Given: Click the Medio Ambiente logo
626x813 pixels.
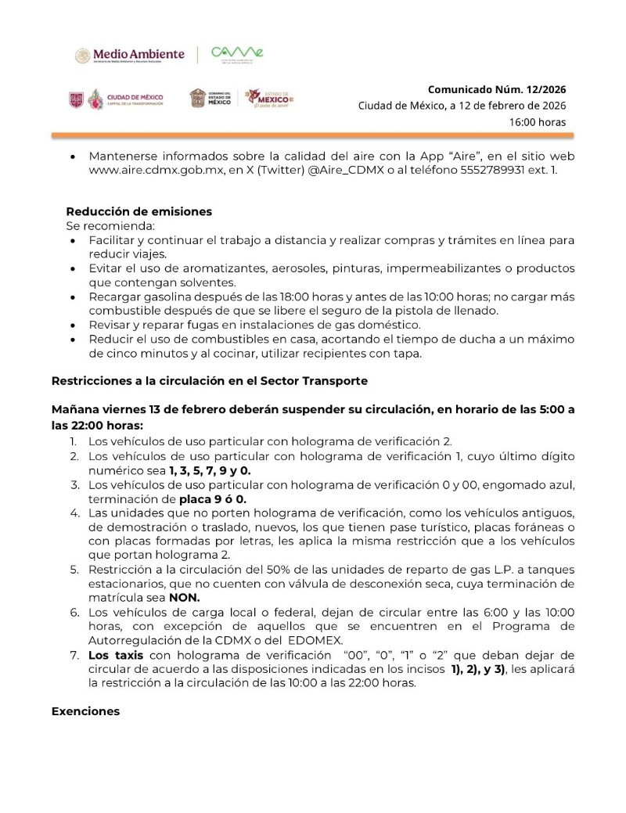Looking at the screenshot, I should (x=130, y=55).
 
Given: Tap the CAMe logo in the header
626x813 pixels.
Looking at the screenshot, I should (x=238, y=54).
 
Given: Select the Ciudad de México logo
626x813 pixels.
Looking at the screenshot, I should (x=117, y=99).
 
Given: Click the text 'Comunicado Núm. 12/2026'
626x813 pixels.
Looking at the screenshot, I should (x=497, y=89).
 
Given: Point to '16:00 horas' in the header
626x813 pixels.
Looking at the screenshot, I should (x=538, y=122).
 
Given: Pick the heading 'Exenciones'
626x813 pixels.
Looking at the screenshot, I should (x=85, y=711).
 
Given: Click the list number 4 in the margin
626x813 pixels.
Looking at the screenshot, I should (x=74, y=513).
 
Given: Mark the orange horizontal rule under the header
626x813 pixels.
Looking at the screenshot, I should (x=313, y=135).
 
